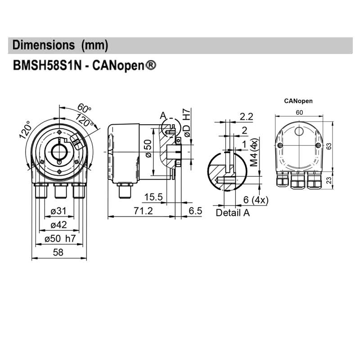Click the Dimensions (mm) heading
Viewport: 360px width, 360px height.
[x=60, y=45]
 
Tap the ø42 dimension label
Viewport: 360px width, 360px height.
[x=58, y=225]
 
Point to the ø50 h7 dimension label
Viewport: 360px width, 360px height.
[x=62, y=239]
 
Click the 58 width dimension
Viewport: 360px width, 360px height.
[x=58, y=253]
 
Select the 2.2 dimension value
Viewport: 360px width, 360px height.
[x=246, y=117]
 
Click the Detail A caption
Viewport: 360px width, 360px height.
[x=232, y=213]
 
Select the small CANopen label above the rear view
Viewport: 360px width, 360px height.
[x=298, y=101]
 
